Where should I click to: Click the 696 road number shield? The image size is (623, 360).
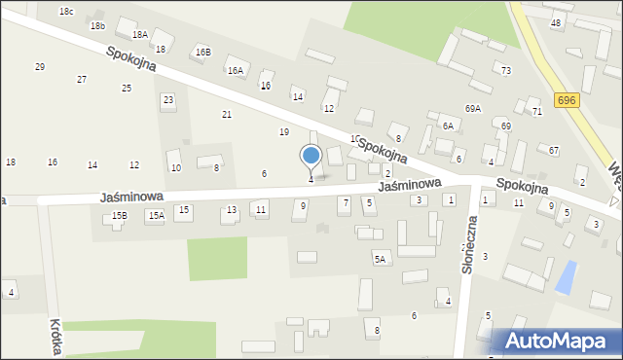click(x=567, y=100)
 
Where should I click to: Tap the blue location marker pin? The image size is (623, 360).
click(x=311, y=156)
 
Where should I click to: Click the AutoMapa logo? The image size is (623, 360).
click(x=561, y=341)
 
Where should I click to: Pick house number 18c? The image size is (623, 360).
click(x=66, y=11)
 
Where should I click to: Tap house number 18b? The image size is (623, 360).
click(x=97, y=26)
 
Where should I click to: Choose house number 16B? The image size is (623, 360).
click(x=202, y=52)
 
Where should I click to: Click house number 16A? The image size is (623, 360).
click(x=235, y=70)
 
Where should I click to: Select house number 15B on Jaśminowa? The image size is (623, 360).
click(x=119, y=215)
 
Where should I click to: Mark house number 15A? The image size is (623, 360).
click(x=155, y=215)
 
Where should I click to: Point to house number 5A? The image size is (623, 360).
click(x=380, y=259)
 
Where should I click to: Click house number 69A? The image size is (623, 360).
click(x=473, y=108)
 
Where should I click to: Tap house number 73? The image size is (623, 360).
click(x=506, y=70)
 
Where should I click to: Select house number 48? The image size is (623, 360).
click(x=556, y=22)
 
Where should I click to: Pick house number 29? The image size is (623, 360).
click(x=40, y=66)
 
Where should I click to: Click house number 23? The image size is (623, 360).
click(x=168, y=99)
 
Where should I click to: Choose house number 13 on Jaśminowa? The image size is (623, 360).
click(x=232, y=210)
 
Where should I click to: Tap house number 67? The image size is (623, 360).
click(x=554, y=150)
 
